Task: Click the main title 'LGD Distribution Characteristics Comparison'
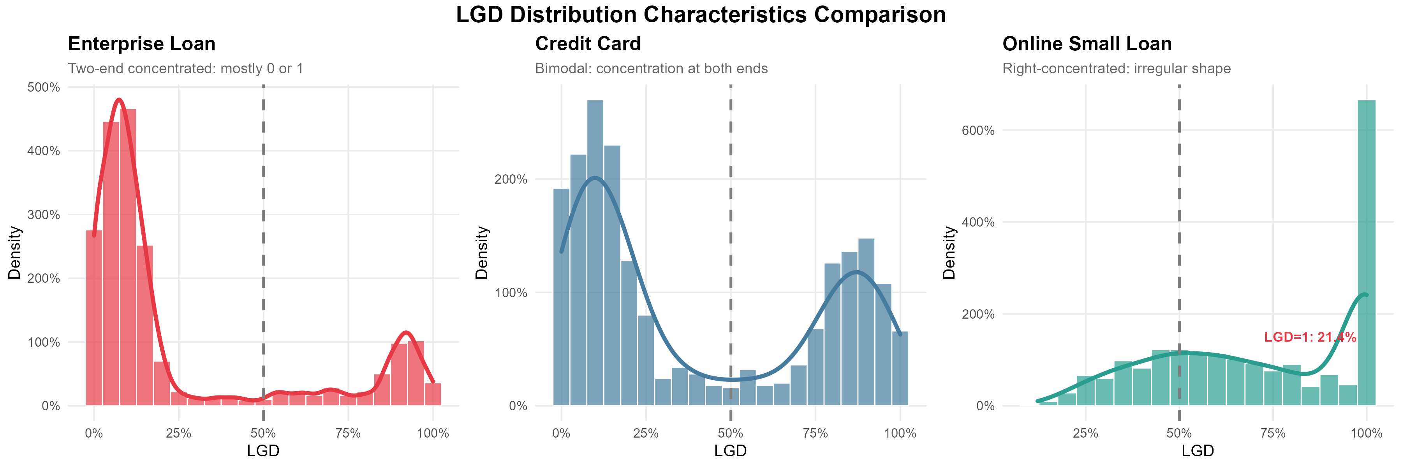click(701, 15)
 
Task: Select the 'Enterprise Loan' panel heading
click(141, 44)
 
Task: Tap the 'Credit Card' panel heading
click(588, 44)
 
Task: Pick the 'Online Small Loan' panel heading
click(1087, 44)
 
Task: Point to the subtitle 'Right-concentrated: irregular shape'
click(1116, 69)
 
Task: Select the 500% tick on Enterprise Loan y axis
click(44, 87)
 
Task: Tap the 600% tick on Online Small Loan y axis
click(978, 130)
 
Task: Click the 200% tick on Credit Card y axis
click(511, 179)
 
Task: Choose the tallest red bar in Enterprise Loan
click(128, 256)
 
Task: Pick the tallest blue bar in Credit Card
click(595, 251)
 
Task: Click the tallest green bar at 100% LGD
click(1366, 251)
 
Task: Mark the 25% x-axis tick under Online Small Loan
click(1085, 434)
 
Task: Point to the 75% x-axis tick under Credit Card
click(815, 434)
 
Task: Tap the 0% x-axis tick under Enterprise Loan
click(94, 434)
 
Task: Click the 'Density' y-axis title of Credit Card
click(482, 253)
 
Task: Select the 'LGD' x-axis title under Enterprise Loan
click(263, 451)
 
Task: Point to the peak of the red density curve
click(119, 100)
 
